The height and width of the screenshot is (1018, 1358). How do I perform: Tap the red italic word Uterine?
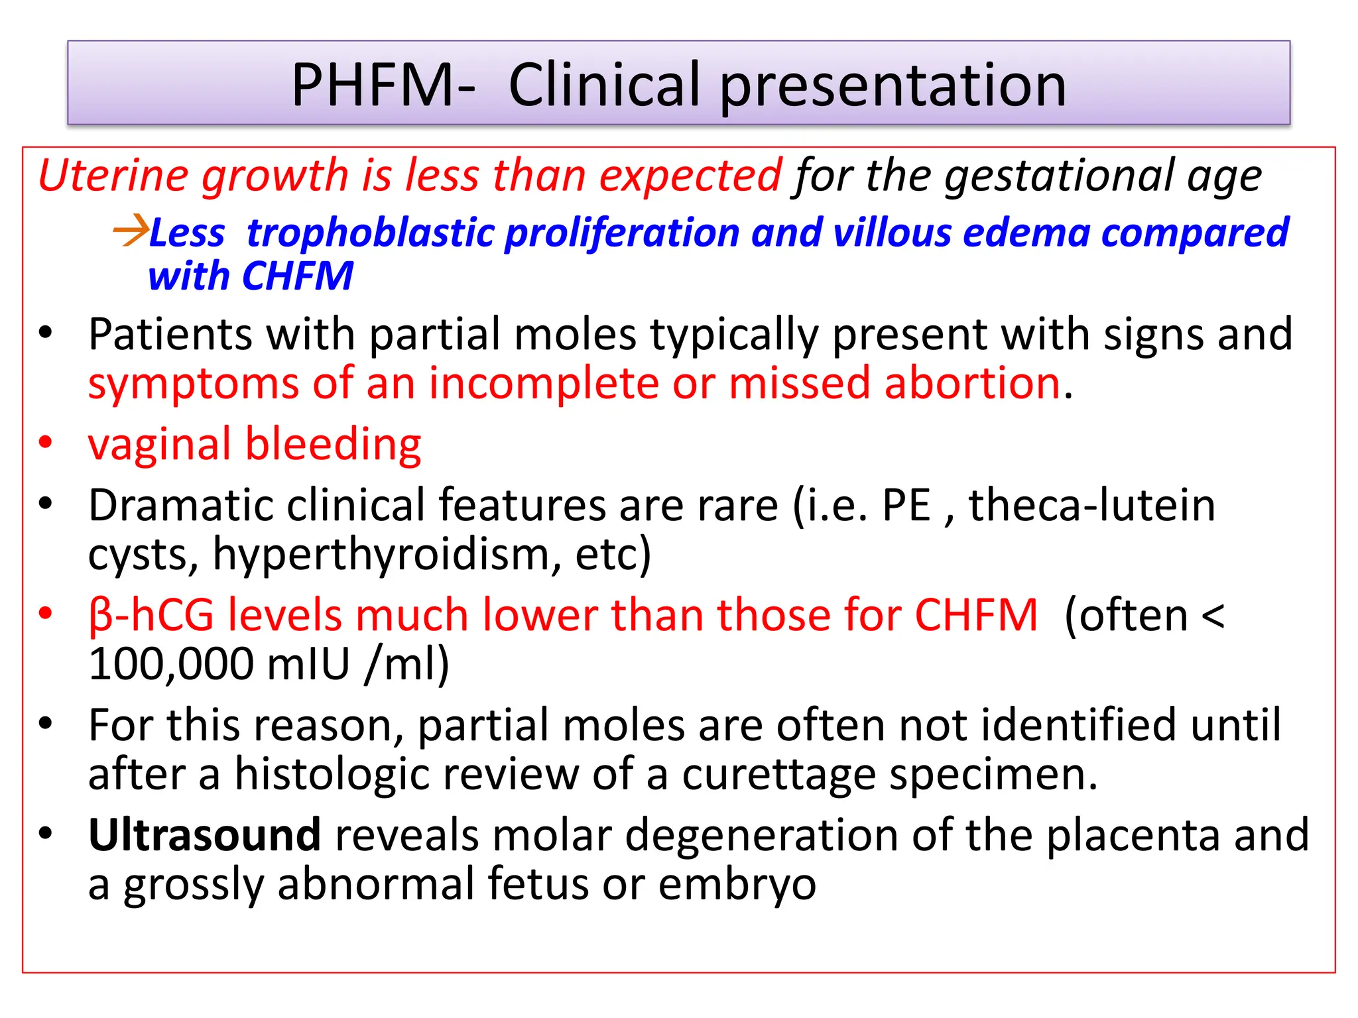click(113, 176)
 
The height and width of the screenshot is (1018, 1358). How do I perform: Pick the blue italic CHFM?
click(297, 276)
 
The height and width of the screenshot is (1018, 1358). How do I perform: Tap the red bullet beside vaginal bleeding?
click(45, 443)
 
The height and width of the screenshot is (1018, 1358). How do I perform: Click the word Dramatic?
click(180, 505)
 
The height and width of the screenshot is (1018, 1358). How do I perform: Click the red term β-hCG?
click(151, 615)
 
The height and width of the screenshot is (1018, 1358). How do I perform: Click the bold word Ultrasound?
click(204, 835)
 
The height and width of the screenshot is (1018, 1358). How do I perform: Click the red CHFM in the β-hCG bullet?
click(976, 615)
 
